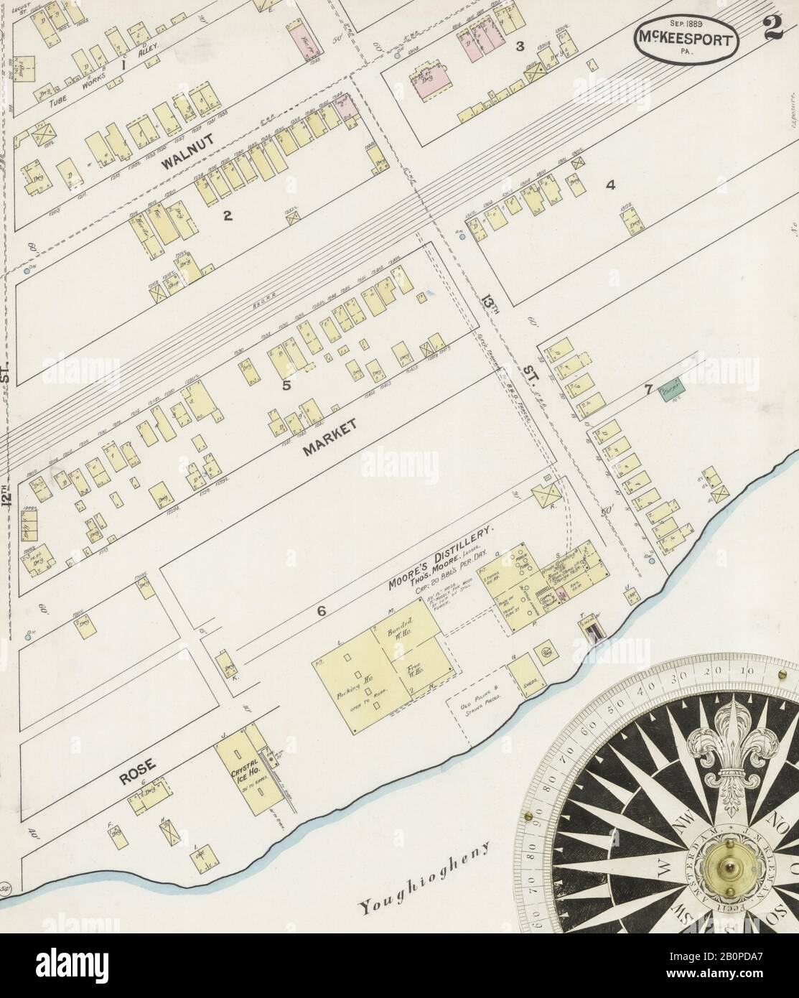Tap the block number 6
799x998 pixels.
322,611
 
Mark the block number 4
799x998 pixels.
610,185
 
